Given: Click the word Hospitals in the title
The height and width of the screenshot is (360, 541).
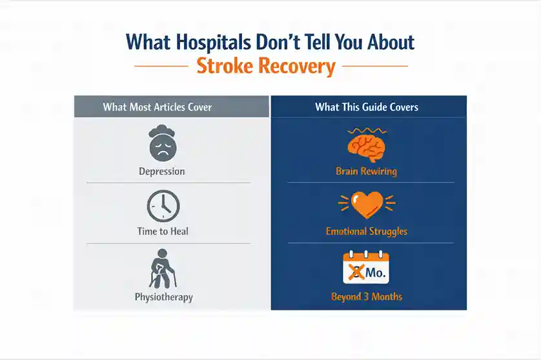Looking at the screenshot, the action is click(x=213, y=43).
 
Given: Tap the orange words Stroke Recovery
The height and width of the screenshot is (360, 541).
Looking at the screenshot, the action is click(x=266, y=66).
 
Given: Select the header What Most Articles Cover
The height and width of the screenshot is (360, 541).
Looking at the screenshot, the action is click(x=158, y=107).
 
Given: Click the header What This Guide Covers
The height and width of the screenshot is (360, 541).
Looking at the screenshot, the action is click(x=367, y=107).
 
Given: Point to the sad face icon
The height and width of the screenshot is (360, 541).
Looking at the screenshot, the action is click(x=163, y=143).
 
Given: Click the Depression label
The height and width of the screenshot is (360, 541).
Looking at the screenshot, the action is click(x=162, y=172).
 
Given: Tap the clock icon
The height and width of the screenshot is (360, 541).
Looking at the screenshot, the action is click(x=163, y=206).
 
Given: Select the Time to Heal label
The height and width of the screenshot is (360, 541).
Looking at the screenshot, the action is click(x=163, y=231).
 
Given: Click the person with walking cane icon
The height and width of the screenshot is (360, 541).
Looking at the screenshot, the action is click(x=163, y=269).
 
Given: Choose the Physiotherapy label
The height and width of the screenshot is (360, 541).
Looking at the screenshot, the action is click(x=163, y=297).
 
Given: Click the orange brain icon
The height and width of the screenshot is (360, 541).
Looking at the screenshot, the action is click(x=367, y=148).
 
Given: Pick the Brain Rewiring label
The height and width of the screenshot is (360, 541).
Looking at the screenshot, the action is click(x=367, y=172).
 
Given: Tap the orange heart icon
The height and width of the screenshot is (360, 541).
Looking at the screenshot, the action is click(x=367, y=205).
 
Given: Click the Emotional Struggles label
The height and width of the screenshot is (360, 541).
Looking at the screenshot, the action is click(x=367, y=232).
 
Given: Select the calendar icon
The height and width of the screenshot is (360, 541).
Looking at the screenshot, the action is click(x=366, y=268).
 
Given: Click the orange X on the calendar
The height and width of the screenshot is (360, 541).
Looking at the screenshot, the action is click(x=356, y=272).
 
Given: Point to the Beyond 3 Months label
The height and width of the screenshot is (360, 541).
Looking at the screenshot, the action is click(x=367, y=297).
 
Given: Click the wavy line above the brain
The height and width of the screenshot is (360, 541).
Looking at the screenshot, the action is click(x=367, y=131).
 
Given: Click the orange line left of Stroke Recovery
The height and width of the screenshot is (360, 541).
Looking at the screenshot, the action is click(x=161, y=66).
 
